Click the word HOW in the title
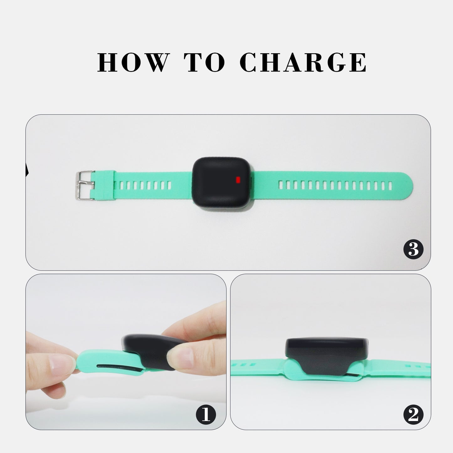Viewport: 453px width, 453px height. point(133,62)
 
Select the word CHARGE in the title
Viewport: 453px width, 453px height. point(303,62)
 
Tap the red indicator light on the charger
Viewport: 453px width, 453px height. point(238,180)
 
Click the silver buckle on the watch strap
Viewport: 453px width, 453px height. point(85,186)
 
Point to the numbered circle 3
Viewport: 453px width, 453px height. point(413,249)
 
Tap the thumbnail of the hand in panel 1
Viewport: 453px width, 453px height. point(179,359)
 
